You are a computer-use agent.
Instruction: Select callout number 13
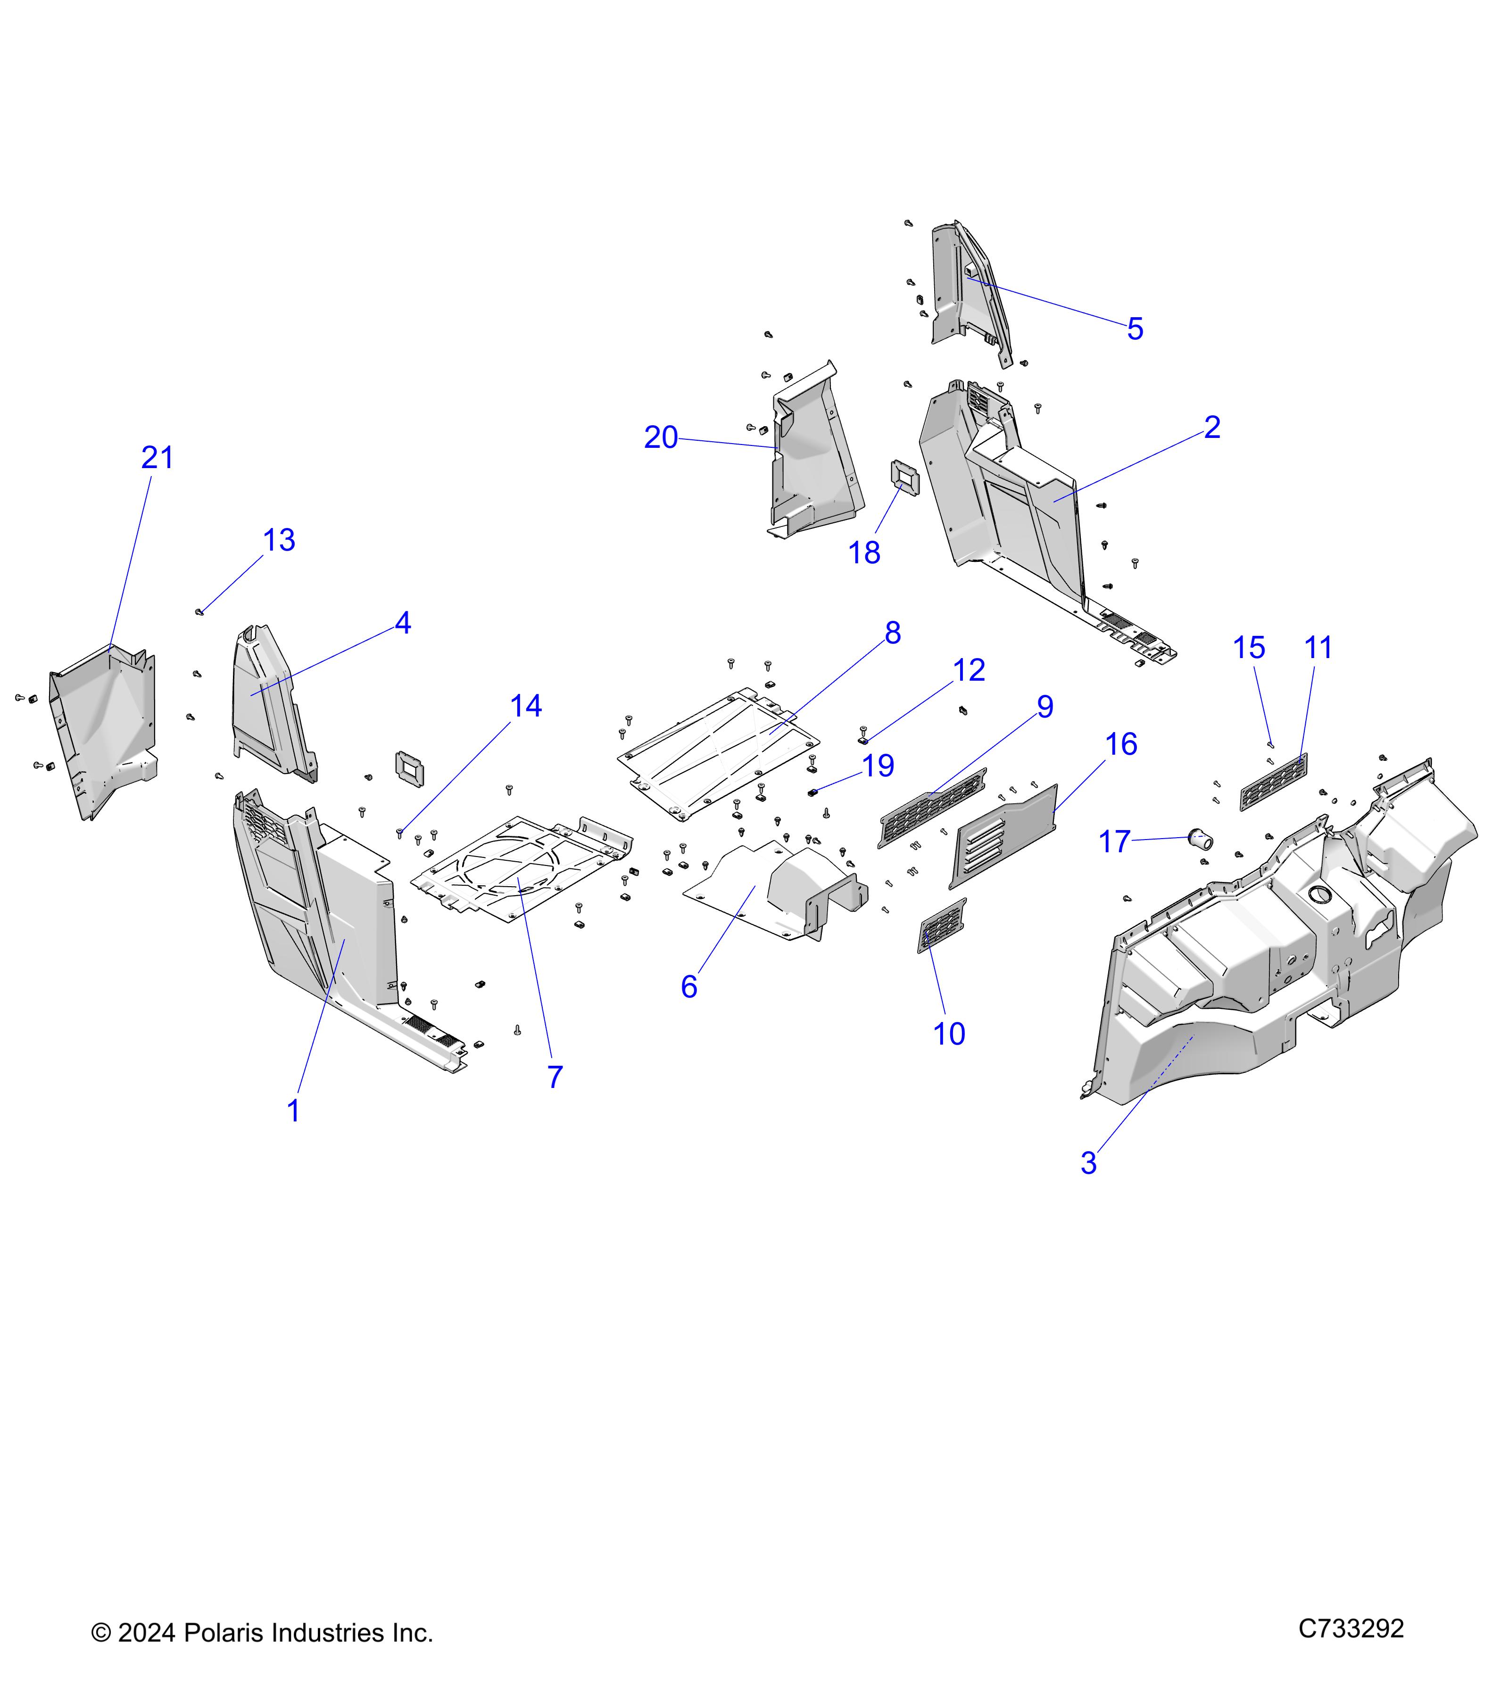(x=279, y=541)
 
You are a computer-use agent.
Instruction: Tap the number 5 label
(x=1135, y=330)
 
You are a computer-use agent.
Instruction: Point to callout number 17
(x=1114, y=842)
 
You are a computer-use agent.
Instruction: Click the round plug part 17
(x=1202, y=840)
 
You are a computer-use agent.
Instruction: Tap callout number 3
(x=1089, y=1163)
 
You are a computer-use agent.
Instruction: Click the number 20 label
(x=661, y=437)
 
